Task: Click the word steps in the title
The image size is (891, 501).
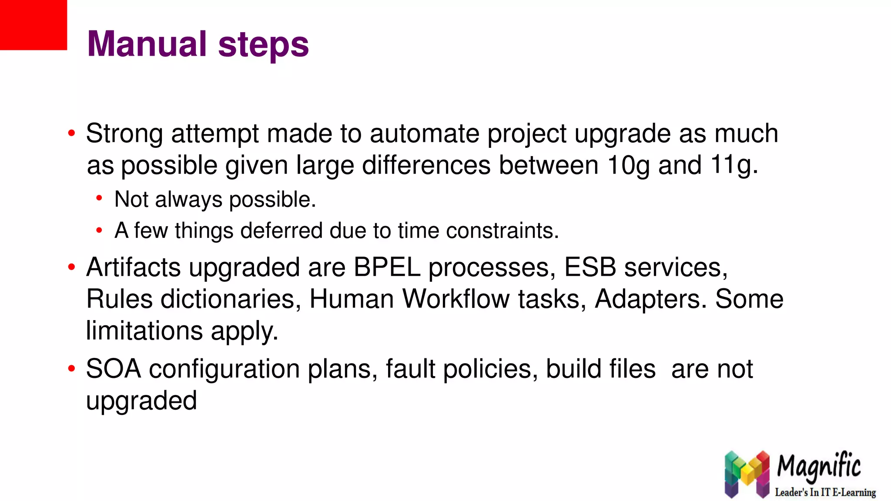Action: [x=263, y=45]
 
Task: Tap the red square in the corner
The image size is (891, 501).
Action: [x=33, y=25]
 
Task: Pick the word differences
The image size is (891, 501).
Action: [x=426, y=165]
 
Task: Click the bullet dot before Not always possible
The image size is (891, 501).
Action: [x=99, y=199]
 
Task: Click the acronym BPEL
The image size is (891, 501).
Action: [x=387, y=267]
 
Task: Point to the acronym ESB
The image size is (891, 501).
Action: [x=590, y=267]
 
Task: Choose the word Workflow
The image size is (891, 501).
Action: [x=456, y=299]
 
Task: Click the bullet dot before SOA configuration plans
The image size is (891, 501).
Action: [x=72, y=369]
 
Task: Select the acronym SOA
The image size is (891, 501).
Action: [x=114, y=369]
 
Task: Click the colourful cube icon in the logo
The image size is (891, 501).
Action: [x=747, y=474]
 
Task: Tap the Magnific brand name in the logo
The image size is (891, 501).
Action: [x=818, y=466]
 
